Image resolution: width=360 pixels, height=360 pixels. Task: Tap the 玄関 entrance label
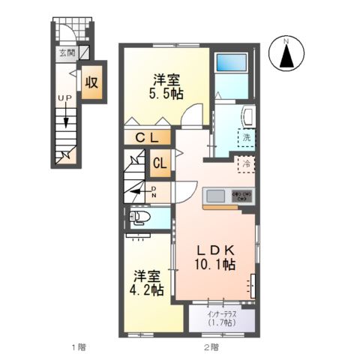67,53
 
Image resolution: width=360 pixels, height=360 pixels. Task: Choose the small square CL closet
160,162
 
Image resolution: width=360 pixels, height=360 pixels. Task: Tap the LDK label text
217,251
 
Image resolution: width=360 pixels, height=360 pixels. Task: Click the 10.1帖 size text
217,265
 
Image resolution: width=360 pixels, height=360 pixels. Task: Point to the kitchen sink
215,196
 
